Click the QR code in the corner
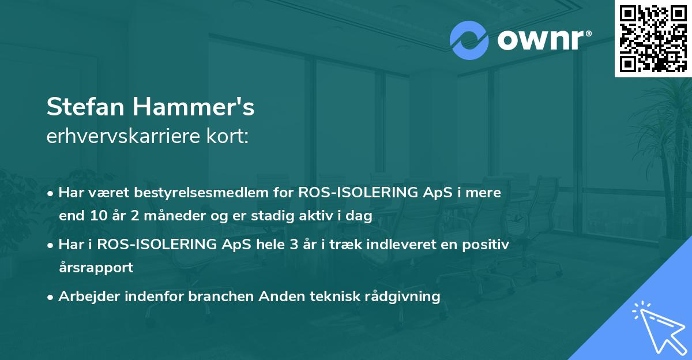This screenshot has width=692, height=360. click(x=653, y=38)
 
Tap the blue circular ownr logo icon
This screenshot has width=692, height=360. click(x=469, y=40)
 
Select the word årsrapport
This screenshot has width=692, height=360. click(x=96, y=268)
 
